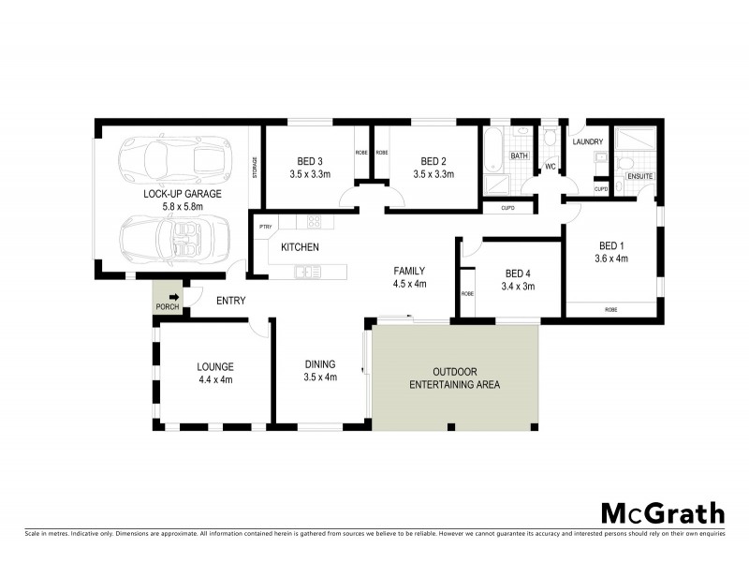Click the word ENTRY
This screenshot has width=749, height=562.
coord(230,301)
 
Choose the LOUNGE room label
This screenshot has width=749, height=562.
coord(214,366)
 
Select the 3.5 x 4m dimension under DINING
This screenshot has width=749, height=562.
coord(319,377)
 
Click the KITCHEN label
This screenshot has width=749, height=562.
coord(301,247)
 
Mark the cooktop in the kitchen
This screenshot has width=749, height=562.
coord(315,222)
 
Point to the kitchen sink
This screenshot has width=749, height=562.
coord(305,272)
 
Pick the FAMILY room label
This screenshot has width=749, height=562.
coord(410,270)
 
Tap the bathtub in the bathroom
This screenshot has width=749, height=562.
coord(493,150)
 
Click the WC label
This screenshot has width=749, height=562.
coord(551,168)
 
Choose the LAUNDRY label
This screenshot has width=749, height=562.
coord(587,142)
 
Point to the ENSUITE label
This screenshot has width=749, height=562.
coord(640,175)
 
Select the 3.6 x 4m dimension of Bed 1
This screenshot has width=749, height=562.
coord(611,259)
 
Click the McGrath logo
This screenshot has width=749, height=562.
coord(662,512)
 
